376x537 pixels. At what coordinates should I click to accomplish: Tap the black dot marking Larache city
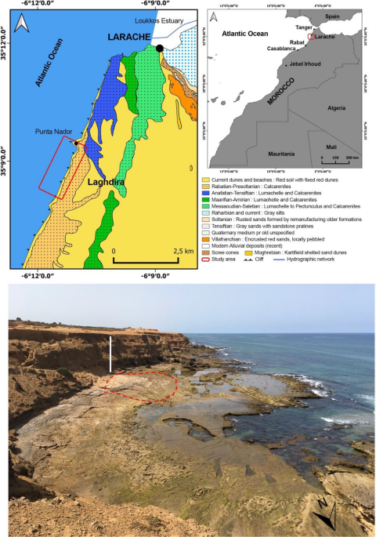(159, 48)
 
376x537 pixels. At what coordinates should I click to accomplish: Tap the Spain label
(333, 16)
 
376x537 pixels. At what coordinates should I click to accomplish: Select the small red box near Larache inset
(312, 36)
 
